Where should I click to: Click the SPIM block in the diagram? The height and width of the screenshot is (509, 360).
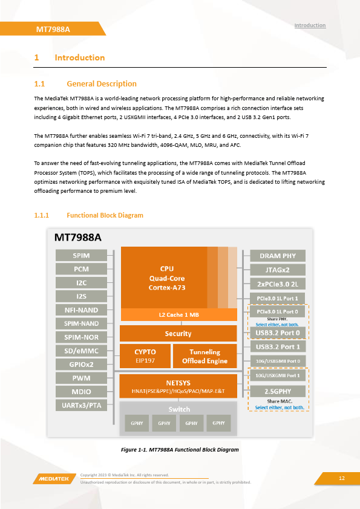(x=81, y=256)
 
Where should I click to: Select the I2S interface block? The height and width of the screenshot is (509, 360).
(x=81, y=296)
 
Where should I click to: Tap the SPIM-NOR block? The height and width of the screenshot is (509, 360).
(x=81, y=337)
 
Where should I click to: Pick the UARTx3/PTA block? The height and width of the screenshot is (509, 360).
(x=81, y=405)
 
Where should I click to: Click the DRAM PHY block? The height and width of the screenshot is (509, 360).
(x=278, y=256)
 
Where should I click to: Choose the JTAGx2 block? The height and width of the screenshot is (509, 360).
(x=278, y=270)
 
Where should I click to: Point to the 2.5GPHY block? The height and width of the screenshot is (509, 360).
(x=278, y=391)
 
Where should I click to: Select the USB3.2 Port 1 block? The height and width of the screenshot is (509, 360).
(x=278, y=347)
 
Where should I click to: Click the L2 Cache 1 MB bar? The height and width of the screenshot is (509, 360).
(x=178, y=314)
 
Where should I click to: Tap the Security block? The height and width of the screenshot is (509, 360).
(x=178, y=333)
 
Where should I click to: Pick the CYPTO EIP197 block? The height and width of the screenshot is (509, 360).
(x=145, y=356)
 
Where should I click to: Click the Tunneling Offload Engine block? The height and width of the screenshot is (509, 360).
(x=205, y=356)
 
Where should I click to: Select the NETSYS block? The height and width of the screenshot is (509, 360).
(x=178, y=386)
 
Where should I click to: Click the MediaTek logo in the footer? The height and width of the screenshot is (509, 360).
(x=54, y=479)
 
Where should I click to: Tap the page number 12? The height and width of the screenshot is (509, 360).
(x=342, y=478)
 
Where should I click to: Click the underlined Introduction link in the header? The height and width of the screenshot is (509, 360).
(x=310, y=25)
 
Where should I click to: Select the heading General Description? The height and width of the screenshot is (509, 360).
(x=102, y=84)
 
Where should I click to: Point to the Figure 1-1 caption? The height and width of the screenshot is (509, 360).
(x=180, y=450)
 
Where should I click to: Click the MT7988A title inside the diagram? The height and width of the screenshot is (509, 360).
(x=78, y=238)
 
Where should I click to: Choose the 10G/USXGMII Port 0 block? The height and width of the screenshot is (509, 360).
(x=278, y=361)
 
